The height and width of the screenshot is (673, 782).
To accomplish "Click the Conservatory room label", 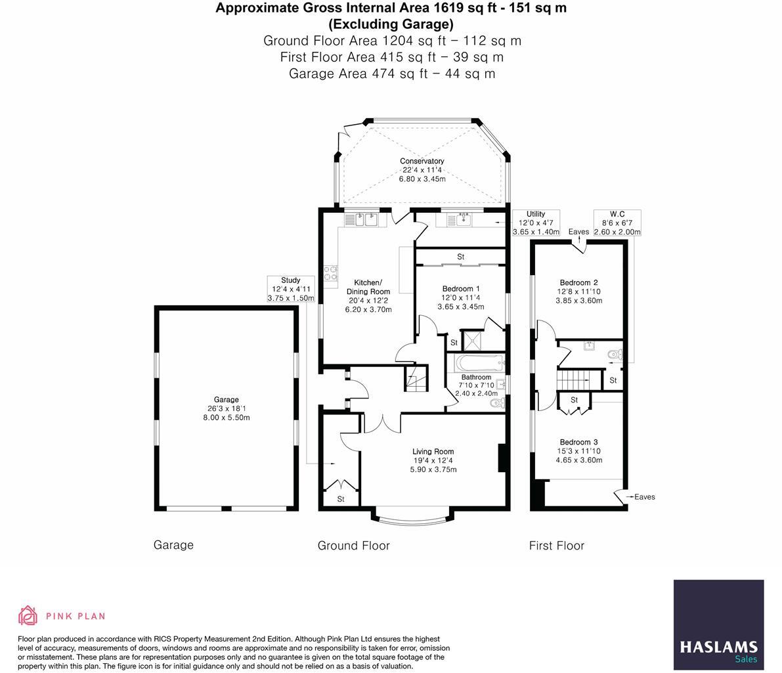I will coord(422,161).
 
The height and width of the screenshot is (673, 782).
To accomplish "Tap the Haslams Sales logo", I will coord(718,624).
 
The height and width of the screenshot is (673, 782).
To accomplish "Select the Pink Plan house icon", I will coord(28,615).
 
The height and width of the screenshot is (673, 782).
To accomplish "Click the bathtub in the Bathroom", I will coord(475,362).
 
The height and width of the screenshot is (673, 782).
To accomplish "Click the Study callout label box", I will coord(290,289).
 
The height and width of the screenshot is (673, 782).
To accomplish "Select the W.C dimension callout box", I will coord(617,223).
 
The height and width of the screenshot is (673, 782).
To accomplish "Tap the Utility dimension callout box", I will coord(536,223).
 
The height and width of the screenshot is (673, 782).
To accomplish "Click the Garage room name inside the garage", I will coord(226,399).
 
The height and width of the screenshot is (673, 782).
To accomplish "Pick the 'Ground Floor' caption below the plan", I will coord(353,546).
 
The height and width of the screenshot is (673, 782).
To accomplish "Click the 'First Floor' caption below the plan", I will coord(556,546).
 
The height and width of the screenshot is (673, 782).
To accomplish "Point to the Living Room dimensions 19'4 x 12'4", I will coord(433,460).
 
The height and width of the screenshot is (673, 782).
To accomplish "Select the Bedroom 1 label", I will coord(460,289).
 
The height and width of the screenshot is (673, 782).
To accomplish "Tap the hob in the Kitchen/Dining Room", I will coord(330,272).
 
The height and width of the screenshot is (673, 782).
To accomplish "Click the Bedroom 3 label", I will coord(578,442).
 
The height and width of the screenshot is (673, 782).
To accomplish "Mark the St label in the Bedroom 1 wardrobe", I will coord(460,256).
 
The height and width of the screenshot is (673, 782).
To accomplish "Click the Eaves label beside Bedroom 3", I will coord(644,497).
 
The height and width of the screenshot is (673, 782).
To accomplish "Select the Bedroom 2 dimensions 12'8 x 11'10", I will coord(578,292).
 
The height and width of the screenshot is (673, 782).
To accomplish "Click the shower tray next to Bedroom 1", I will coord(471,340).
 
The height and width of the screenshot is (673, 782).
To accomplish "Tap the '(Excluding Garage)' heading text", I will coord(391,24).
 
